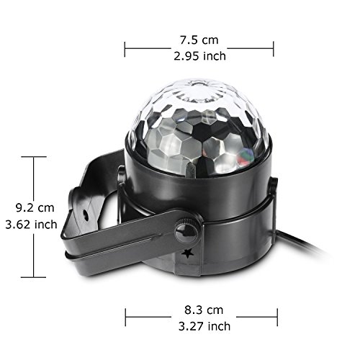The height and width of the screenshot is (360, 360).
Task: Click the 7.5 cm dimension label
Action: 199,40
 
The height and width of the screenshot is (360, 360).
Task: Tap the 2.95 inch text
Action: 200,56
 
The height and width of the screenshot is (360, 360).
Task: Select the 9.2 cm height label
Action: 35,208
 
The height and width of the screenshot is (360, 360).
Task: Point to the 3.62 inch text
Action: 31,225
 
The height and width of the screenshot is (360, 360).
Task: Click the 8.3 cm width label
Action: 204,310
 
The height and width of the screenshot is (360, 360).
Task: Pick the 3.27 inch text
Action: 204,326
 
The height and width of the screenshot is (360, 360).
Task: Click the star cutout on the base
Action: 187,253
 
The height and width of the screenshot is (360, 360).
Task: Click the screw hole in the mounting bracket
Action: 85,213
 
